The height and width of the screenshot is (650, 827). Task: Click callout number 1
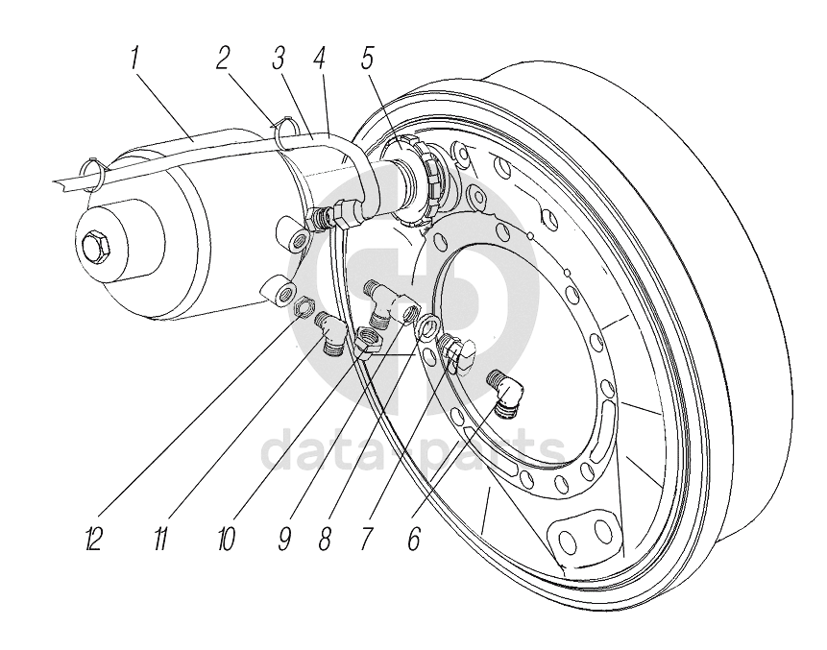[x=135, y=59]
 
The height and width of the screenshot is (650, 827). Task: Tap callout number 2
[x=223, y=59]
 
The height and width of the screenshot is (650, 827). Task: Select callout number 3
[x=279, y=59]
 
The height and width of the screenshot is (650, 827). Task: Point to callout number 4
[x=319, y=59]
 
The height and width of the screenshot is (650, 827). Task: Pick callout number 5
[x=367, y=59]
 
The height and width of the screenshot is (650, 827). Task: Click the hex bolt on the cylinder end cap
[x=95, y=246]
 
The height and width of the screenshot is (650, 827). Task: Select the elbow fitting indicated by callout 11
[x=330, y=333]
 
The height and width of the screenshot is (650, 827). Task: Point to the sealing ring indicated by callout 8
[x=426, y=326]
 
